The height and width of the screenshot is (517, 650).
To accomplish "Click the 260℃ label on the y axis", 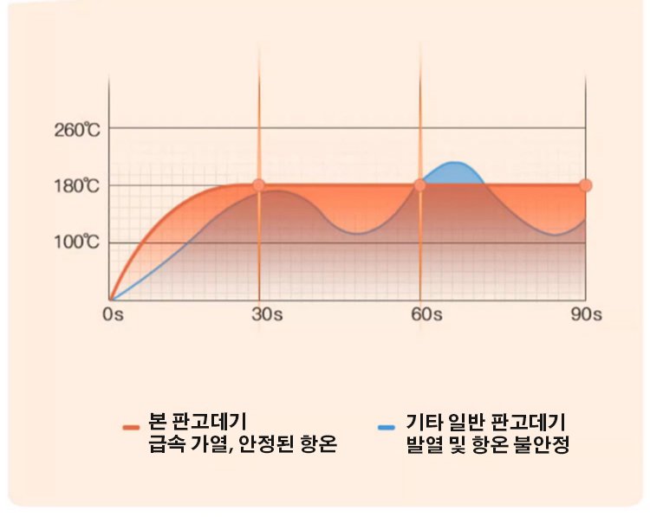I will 77,130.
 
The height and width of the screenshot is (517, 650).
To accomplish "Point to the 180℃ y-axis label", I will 77,186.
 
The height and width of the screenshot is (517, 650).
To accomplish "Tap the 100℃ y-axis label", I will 77,242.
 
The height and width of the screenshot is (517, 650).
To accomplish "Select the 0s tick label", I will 113,314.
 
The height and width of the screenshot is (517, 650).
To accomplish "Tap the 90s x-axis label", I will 586,314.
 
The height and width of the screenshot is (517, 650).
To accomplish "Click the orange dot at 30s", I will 258,185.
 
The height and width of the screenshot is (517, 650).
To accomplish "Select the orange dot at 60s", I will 419,185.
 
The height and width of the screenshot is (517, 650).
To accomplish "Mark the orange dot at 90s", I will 586,185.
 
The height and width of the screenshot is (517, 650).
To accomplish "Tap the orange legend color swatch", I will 132,426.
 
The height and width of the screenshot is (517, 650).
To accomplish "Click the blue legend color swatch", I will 387,426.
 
